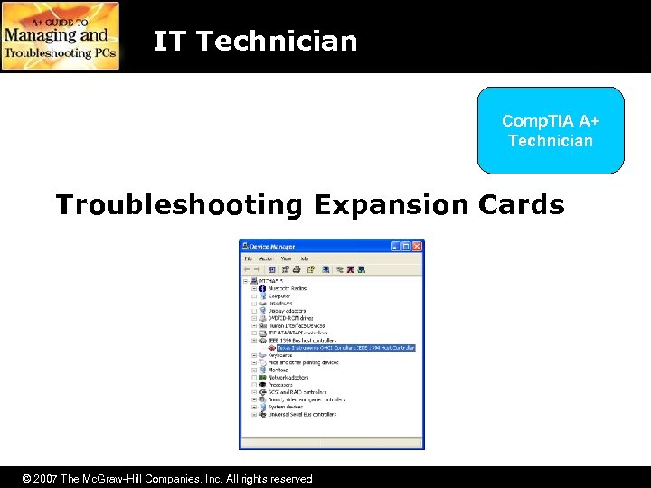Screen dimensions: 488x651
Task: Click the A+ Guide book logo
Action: point(61,36)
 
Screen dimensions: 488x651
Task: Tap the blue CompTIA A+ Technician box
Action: point(551,130)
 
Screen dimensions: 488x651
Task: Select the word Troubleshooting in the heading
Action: point(179,205)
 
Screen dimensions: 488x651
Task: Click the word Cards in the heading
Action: point(522,205)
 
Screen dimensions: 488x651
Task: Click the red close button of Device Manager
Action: point(417,247)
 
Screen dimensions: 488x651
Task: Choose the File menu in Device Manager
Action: point(248,258)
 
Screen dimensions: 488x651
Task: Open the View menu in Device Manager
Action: point(286,258)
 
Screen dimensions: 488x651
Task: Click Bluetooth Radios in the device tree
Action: point(288,289)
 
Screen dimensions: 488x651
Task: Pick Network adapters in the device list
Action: point(288,378)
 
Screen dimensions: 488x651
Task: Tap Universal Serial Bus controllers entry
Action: point(302,414)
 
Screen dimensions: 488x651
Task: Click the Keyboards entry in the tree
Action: point(280,355)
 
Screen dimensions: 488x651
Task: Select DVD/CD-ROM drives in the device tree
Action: point(290,318)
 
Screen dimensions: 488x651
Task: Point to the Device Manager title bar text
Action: point(273,247)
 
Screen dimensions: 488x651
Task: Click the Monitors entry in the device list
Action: point(278,370)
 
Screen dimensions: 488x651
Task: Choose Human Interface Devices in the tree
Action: point(297,325)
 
